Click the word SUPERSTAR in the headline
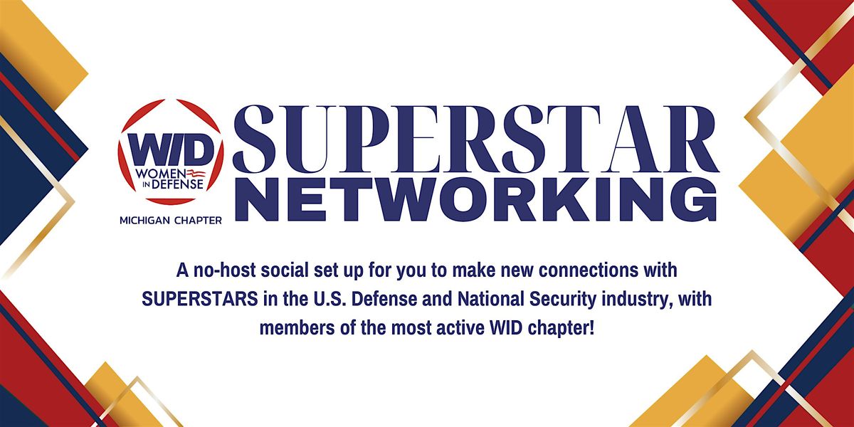click(476, 139)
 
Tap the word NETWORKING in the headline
click(476, 199)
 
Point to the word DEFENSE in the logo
click(178, 184)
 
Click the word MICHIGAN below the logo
click(145, 221)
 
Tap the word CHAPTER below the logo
click(198, 221)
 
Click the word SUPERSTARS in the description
click(200, 300)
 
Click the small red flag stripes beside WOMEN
click(196, 174)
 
